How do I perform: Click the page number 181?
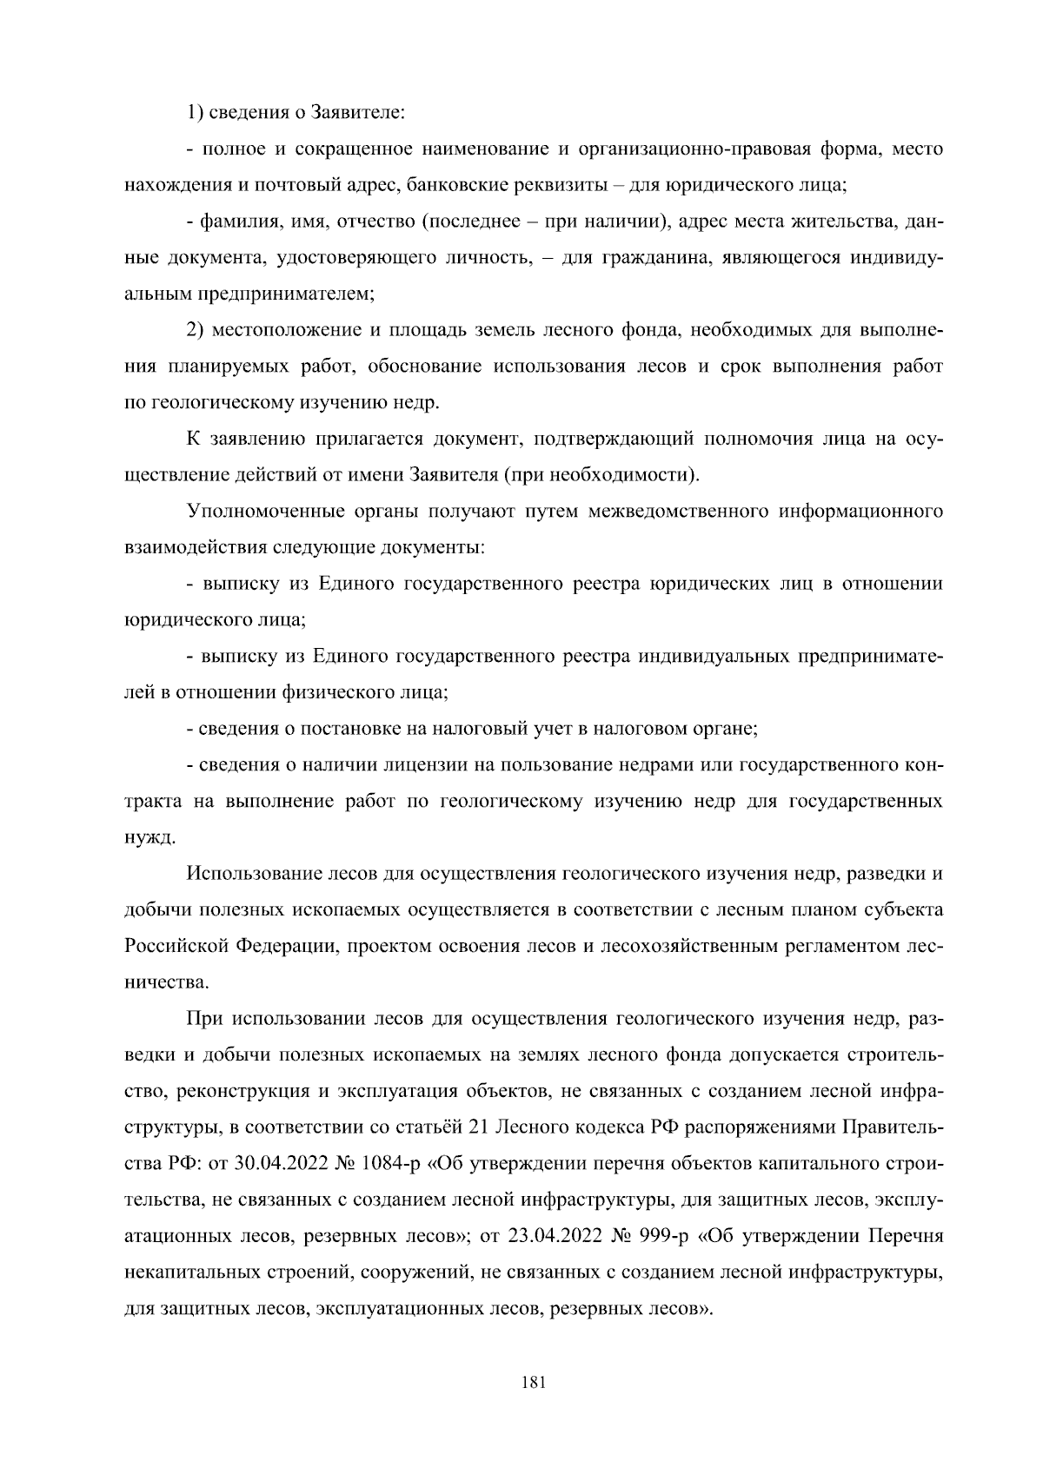point(532,1384)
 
